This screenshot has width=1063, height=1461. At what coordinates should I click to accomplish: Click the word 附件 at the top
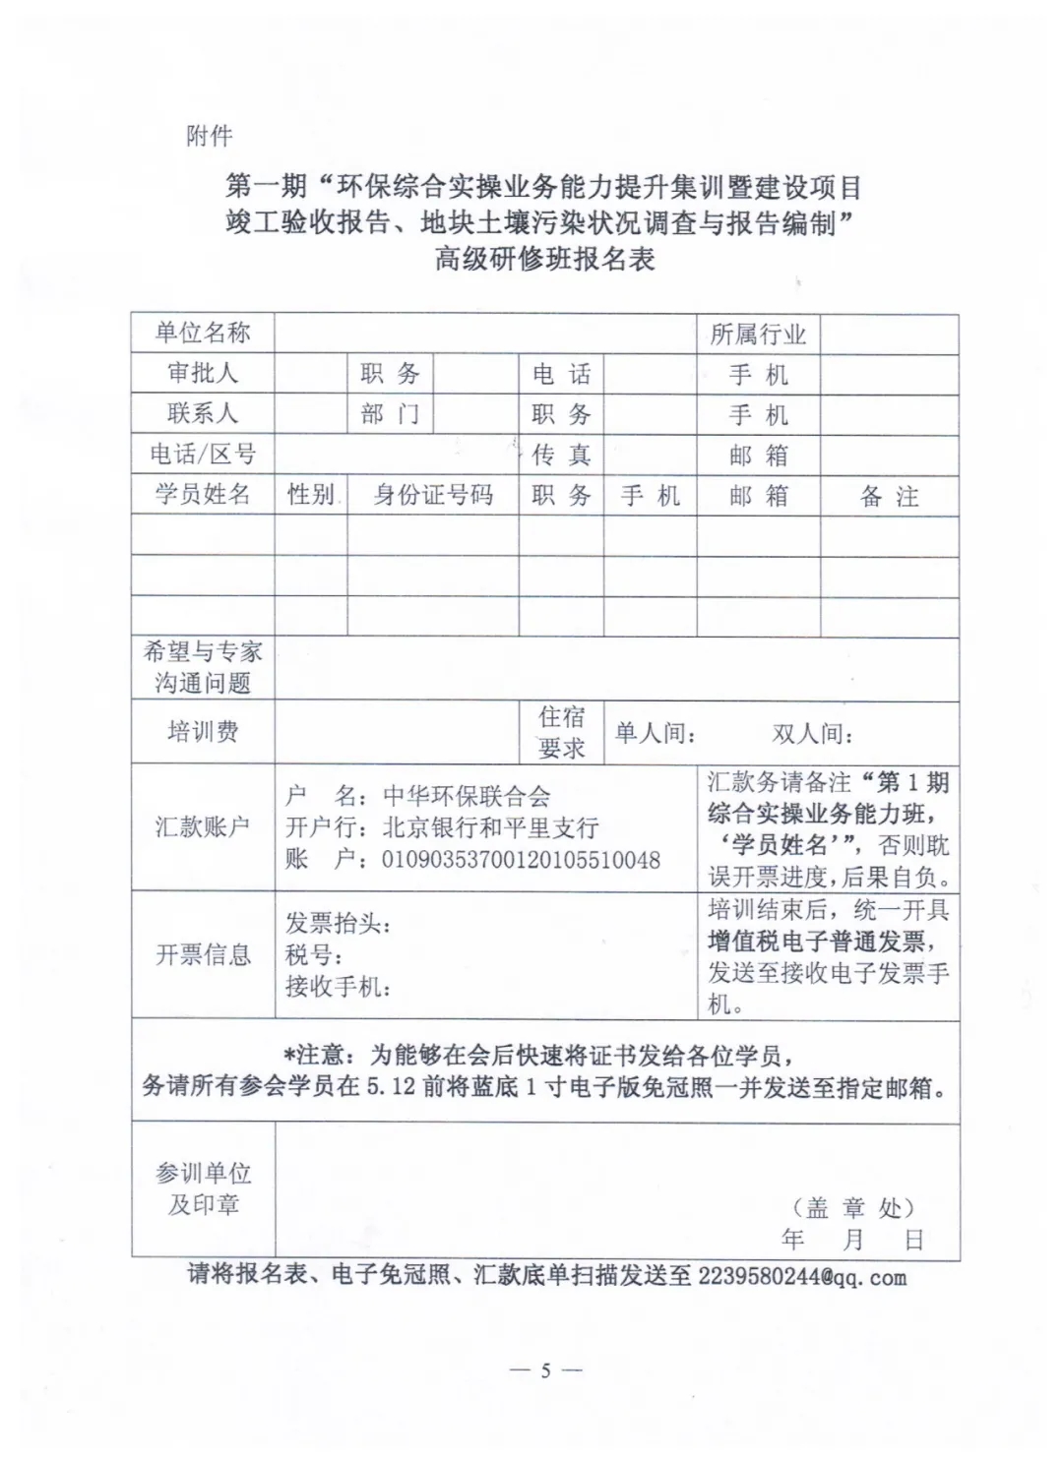[209, 136]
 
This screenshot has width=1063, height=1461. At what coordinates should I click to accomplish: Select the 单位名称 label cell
[203, 333]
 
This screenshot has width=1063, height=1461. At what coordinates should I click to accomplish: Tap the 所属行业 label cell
[758, 335]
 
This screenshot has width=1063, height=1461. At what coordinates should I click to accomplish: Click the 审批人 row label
[203, 373]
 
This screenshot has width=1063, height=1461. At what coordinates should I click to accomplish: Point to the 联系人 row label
[203, 413]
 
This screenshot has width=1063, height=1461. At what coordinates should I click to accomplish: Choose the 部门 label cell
[390, 414]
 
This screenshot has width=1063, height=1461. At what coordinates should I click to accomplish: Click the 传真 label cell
[561, 455]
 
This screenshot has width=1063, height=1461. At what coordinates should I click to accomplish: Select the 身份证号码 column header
[433, 495]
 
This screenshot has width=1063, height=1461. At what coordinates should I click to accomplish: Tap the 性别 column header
[310, 495]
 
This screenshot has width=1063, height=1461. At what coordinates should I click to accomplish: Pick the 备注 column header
[889, 497]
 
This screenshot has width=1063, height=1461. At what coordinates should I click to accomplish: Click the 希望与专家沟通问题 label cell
[203, 667]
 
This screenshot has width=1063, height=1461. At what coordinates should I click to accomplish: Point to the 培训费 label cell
[203, 731]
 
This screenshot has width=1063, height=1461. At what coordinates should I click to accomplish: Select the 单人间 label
[656, 733]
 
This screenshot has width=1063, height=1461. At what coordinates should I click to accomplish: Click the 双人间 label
[812, 733]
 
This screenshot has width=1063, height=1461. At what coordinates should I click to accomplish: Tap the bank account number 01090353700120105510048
[521, 860]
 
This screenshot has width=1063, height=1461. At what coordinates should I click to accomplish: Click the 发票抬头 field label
[338, 924]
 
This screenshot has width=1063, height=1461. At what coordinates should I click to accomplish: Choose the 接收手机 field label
[338, 986]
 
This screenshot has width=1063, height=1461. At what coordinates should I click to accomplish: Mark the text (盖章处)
[853, 1207]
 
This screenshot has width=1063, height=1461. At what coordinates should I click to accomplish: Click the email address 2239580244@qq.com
[802, 1277]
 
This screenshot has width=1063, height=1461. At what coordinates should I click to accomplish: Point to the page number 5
[545, 1370]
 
